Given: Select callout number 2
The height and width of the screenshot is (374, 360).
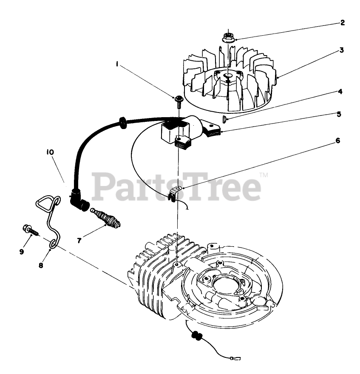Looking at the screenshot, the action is tap(342, 22).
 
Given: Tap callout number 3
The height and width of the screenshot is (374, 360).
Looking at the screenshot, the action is tap(341, 50).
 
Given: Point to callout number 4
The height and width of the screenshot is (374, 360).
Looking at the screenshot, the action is tap(340, 91).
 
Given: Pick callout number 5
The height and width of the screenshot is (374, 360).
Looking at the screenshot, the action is tap(339, 114).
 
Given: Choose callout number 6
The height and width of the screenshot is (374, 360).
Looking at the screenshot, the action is tap(337, 140).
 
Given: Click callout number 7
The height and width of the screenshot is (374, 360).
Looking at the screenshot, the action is tap(79, 240).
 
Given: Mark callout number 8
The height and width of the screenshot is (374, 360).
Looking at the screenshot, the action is tap(41, 265).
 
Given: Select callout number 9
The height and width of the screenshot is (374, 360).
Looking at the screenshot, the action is tap(21, 252).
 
